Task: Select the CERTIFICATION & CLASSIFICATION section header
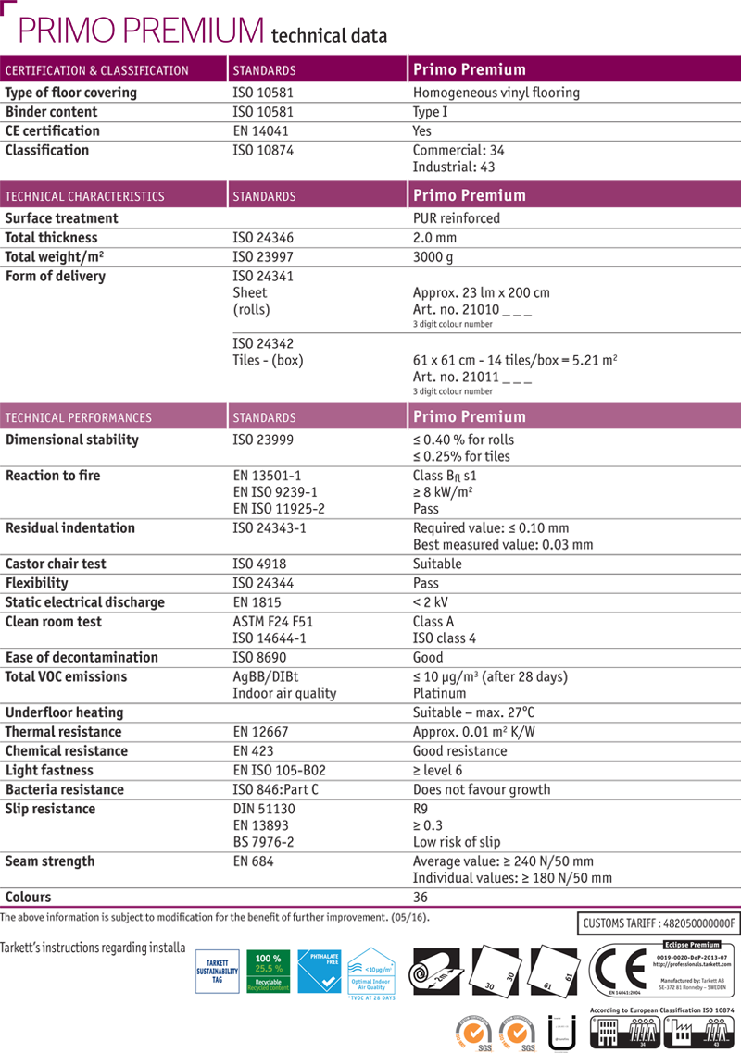(x=97, y=70)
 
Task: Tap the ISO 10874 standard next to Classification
(x=263, y=150)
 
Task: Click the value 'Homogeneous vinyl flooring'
(x=496, y=93)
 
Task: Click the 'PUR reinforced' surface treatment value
(x=456, y=218)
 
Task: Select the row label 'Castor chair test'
(x=56, y=564)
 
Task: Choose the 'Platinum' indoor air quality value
(x=439, y=693)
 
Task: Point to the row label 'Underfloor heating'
(x=64, y=712)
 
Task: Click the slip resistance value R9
(x=421, y=809)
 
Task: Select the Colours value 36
(x=421, y=897)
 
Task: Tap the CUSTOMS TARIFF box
(x=659, y=923)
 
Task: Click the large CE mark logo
(x=615, y=969)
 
